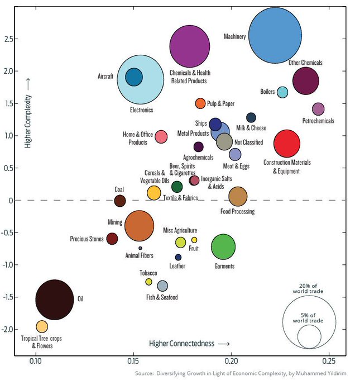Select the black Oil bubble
click(x=54, y=300)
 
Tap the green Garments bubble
click(x=223, y=246)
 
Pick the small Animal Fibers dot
click(x=140, y=248)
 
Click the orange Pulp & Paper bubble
click(x=200, y=103)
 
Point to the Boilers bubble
click(x=283, y=92)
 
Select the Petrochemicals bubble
click(x=318, y=109)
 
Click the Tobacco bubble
click(x=149, y=282)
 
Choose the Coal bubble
click(x=119, y=201)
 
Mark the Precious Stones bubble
click(x=112, y=239)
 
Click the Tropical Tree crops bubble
click(x=41, y=326)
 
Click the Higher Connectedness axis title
click(x=189, y=343)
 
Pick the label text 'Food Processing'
click(x=237, y=212)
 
